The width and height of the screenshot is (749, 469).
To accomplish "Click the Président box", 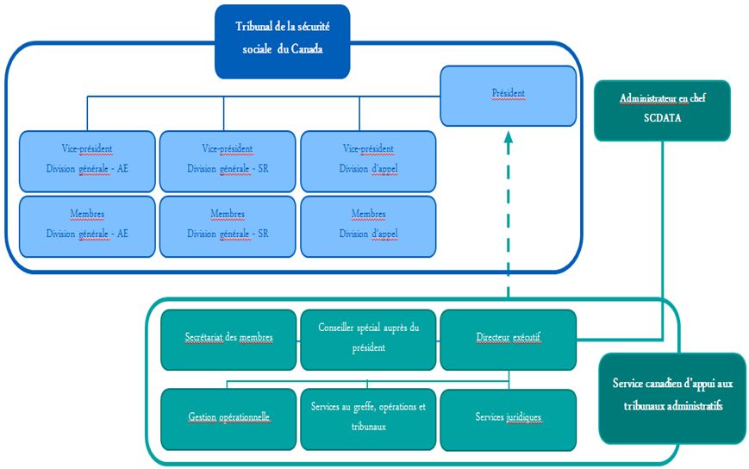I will click(x=508, y=94).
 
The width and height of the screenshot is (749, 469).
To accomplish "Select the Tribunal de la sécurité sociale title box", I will click(x=283, y=40).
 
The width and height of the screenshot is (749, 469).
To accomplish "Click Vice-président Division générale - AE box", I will click(x=87, y=159).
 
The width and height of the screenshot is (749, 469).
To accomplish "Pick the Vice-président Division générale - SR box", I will click(x=228, y=159).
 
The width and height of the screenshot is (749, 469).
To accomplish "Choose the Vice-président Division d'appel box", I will click(x=368, y=159).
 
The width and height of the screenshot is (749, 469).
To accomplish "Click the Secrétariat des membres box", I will click(x=229, y=338).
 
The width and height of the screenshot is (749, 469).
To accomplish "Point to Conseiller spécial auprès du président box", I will click(x=369, y=338).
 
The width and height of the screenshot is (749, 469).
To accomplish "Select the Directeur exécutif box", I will click(x=509, y=338).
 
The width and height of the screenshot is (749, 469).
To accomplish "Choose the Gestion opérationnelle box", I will click(x=229, y=418).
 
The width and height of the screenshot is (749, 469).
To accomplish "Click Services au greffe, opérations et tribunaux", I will click(x=369, y=418).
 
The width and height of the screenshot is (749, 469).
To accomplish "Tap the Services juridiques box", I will click(x=509, y=418).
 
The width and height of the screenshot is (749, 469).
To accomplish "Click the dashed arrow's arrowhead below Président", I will click(x=509, y=136).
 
